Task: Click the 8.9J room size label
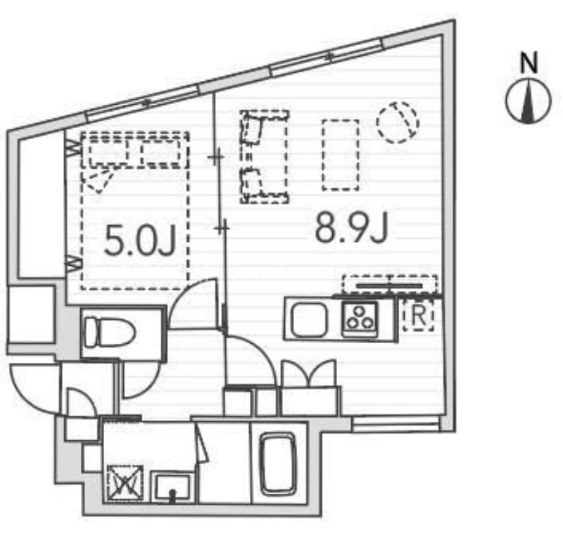pyautogui.click(x=352, y=226)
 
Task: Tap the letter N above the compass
pyautogui.click(x=529, y=63)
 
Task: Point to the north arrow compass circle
pyautogui.click(x=529, y=101)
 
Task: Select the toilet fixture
pyautogui.click(x=109, y=332)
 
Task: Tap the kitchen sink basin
pyautogui.click(x=310, y=320)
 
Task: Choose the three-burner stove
pyautogui.click(x=360, y=319)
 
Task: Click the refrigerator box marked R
pyautogui.click(x=419, y=316)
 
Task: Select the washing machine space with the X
pyautogui.click(x=125, y=483)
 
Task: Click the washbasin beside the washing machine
pyautogui.click(x=172, y=487)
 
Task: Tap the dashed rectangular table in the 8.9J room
pyautogui.click(x=341, y=155)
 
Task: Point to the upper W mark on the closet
pyautogui.click(x=74, y=148)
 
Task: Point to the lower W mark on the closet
pyautogui.click(x=74, y=264)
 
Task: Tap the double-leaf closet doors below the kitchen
pyautogui.click(x=309, y=374)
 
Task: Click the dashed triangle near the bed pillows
pyautogui.click(x=98, y=181)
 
